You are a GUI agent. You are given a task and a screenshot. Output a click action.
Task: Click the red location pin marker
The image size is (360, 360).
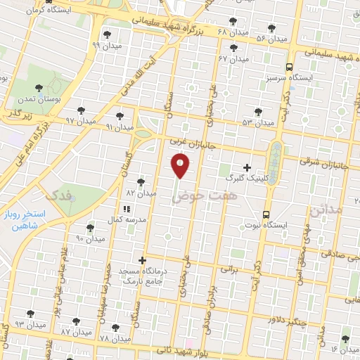click(x=180, y=165)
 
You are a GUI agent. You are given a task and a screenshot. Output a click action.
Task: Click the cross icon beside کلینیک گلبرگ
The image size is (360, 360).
click(x=245, y=168)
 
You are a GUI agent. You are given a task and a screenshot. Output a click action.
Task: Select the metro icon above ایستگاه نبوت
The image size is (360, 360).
click(x=266, y=214)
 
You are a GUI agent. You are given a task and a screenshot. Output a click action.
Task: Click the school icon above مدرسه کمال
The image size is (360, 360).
click(x=127, y=209)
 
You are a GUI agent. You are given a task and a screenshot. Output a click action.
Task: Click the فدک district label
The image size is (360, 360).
click(x=56, y=194)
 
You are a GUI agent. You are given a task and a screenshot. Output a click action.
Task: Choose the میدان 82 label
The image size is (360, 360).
click(x=139, y=192)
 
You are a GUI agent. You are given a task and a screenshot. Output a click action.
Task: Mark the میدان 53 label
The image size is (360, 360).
click(x=258, y=122)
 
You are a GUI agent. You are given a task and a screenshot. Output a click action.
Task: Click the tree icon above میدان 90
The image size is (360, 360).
click(x=90, y=228)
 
